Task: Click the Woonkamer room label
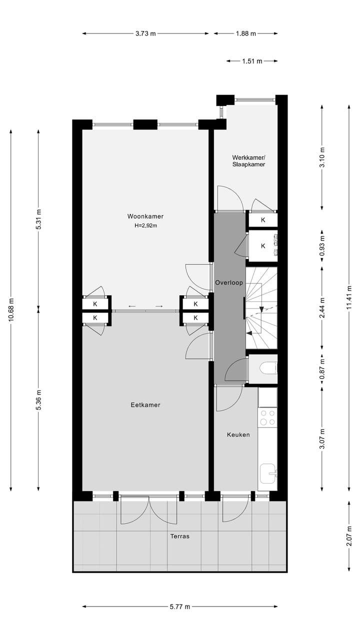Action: point(145,216)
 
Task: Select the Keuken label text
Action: point(238,434)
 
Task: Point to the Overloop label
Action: point(229,282)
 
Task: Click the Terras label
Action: point(179,536)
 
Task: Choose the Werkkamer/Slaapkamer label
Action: point(248,160)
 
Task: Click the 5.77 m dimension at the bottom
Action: point(180,607)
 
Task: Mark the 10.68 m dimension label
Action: point(11,310)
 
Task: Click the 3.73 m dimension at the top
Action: point(145,33)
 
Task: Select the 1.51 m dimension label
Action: point(252,61)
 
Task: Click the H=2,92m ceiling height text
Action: point(145,225)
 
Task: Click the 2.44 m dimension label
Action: point(322,307)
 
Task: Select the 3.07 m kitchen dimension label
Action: point(322,439)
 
